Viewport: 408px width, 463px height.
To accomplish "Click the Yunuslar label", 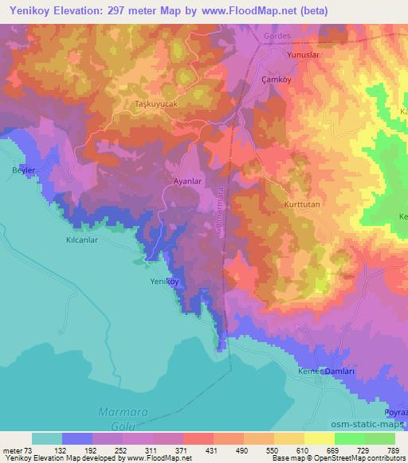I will point(303,56).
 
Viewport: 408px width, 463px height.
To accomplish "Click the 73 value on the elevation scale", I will point(29,450).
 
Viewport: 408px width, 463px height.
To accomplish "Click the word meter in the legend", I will point(13,450).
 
